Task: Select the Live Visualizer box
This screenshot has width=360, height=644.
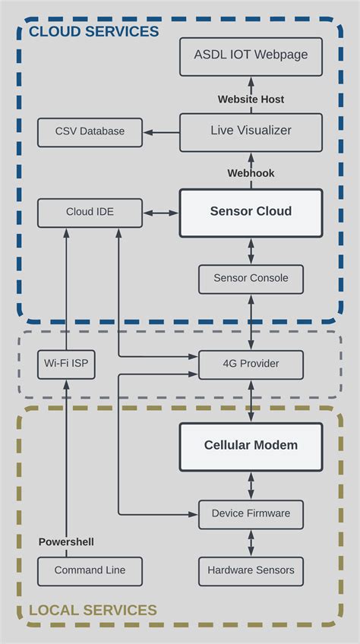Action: click(251, 131)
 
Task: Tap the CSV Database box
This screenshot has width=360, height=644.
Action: click(90, 132)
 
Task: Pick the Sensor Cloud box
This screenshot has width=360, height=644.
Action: click(251, 212)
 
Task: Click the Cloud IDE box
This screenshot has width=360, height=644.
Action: click(90, 213)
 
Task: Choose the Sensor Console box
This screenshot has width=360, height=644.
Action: click(251, 279)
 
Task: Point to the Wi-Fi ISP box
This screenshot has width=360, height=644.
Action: click(66, 364)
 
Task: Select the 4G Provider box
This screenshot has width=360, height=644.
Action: click(251, 364)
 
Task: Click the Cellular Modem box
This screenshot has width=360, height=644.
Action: click(251, 446)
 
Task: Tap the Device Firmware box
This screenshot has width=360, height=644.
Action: click(251, 514)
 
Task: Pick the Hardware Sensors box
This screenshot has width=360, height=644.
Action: click(251, 570)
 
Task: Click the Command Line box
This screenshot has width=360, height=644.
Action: click(90, 570)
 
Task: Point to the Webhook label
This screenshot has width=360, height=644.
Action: click(251, 173)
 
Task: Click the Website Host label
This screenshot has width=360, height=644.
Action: click(251, 99)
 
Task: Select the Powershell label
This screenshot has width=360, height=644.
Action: click(66, 542)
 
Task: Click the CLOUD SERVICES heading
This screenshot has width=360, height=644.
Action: click(93, 32)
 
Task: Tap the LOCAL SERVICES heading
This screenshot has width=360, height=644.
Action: click(93, 610)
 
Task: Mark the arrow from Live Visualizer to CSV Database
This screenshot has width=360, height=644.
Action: click(162, 132)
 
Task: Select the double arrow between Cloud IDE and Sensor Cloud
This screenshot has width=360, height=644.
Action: click(161, 213)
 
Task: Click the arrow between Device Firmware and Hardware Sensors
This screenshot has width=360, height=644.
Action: click(251, 542)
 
